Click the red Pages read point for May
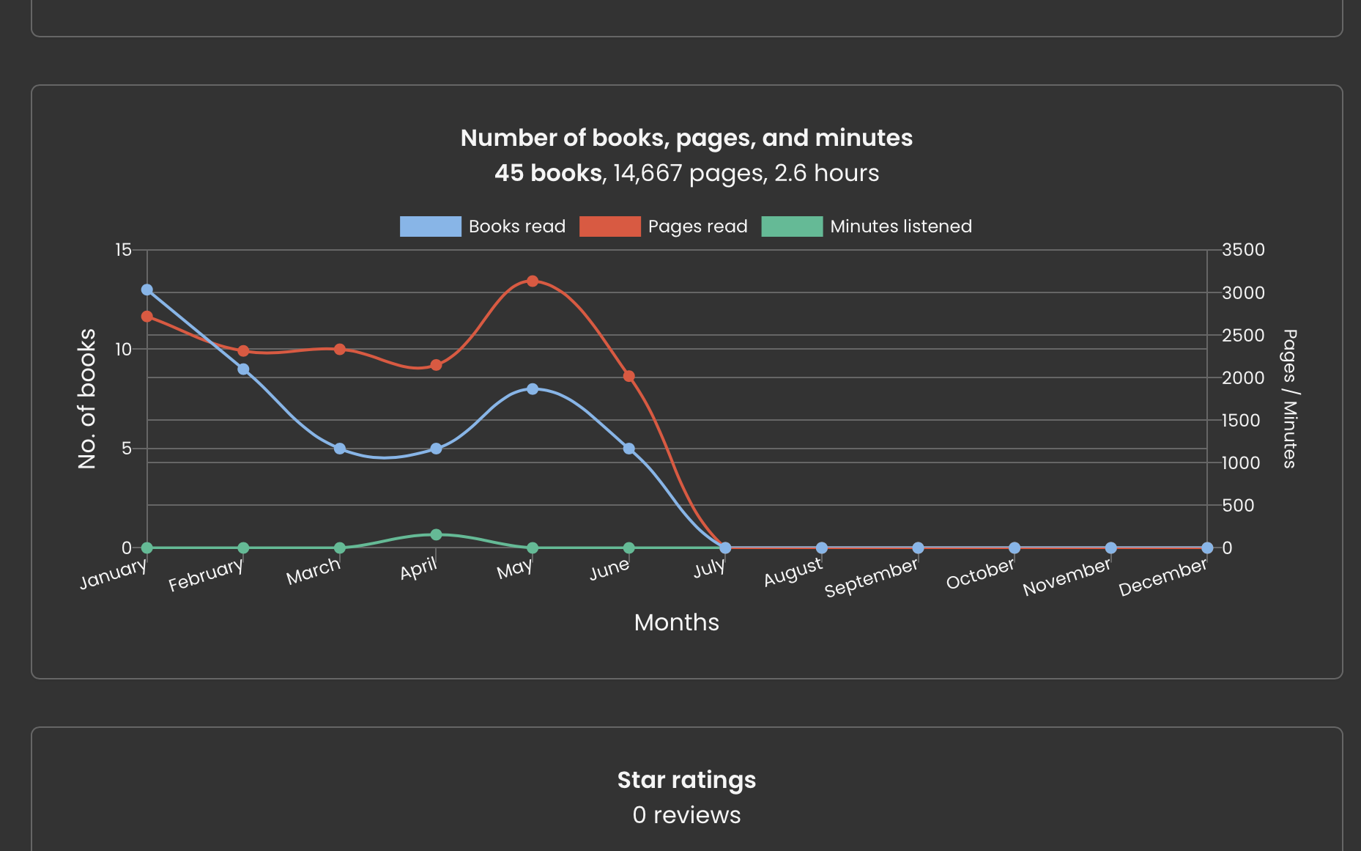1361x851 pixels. point(533,281)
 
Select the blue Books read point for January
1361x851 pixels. point(147,290)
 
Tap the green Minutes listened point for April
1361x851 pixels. point(436,535)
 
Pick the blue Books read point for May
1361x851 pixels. point(533,389)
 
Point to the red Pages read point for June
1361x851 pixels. point(628,376)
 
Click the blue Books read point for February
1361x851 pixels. point(243,369)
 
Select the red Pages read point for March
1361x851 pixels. point(340,350)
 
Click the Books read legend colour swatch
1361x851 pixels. point(430,226)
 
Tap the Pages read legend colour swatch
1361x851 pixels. point(609,226)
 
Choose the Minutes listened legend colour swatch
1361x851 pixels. point(792,226)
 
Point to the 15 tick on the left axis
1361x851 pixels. point(123,250)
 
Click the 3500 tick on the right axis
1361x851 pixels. point(1243,250)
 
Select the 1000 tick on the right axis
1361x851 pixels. point(1241,463)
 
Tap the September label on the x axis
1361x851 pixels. point(871,578)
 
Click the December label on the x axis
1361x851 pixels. point(1162,577)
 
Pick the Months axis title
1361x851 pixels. point(677,622)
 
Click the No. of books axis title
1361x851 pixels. point(87,399)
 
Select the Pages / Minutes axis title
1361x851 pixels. point(1289,399)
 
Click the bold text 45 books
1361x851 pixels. point(548,173)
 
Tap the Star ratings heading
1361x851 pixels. point(686,780)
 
